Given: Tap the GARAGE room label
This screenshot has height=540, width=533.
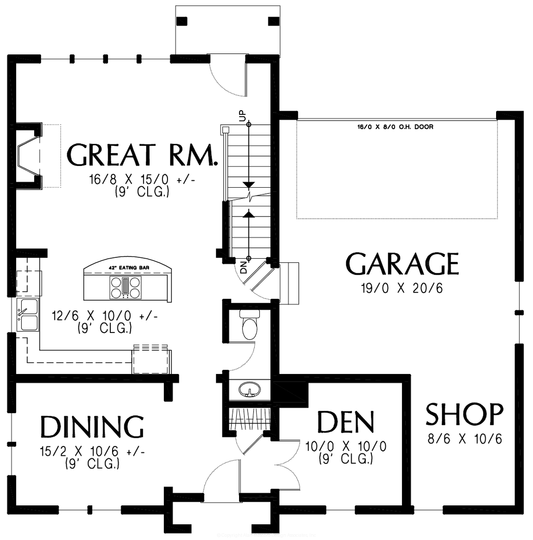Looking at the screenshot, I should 402,264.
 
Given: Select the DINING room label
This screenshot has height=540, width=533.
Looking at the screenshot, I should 92,427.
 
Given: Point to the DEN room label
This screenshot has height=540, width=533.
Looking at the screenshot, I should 345,422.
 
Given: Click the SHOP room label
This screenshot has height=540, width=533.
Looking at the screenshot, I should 464,414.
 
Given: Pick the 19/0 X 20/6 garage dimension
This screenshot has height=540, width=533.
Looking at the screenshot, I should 402,288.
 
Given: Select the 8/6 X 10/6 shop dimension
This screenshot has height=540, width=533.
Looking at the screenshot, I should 464,438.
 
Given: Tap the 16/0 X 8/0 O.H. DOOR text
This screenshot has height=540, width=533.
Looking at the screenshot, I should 395,127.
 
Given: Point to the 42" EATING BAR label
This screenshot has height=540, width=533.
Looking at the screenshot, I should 129,267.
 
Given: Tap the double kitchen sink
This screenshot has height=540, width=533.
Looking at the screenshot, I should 28,315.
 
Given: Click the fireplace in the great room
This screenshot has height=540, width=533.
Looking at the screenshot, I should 28,155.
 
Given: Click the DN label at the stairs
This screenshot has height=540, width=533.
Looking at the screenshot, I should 244,268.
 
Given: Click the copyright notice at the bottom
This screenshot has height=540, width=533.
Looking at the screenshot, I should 266,535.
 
